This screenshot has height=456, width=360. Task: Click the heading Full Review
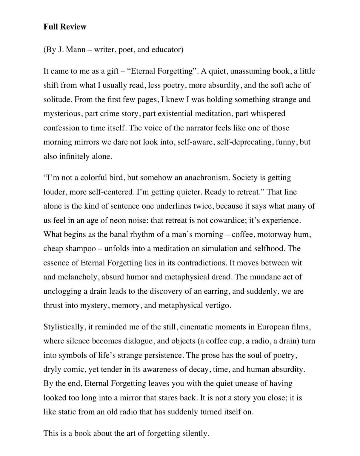click(x=65, y=27)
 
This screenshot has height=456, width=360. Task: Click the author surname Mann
click(x=76, y=50)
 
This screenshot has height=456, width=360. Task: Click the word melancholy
click(x=78, y=277)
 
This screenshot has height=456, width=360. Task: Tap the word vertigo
click(x=218, y=306)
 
